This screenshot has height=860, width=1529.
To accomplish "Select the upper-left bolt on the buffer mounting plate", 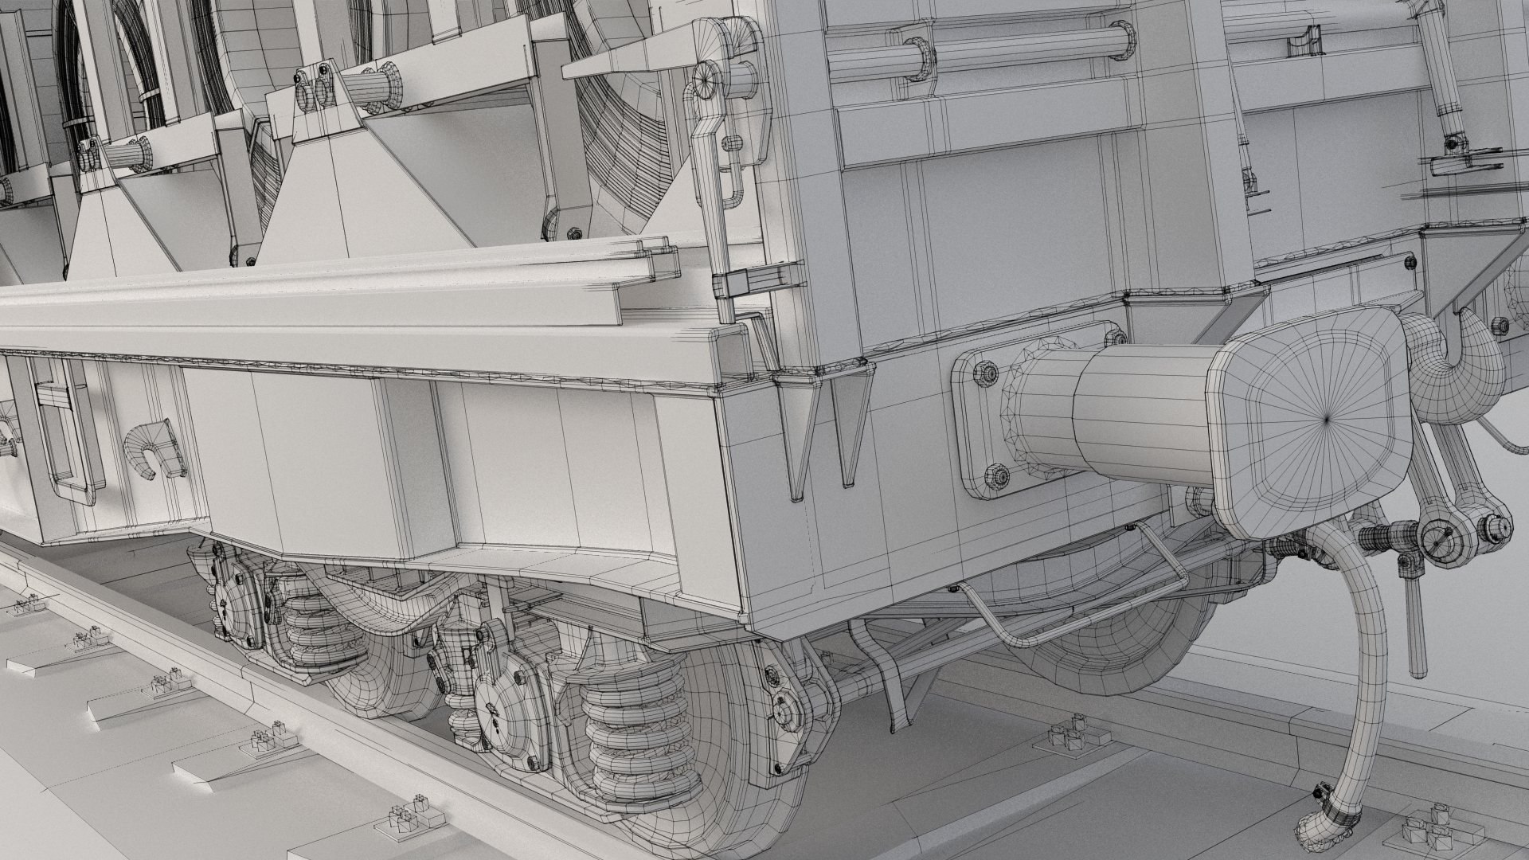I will (x=985, y=372).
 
